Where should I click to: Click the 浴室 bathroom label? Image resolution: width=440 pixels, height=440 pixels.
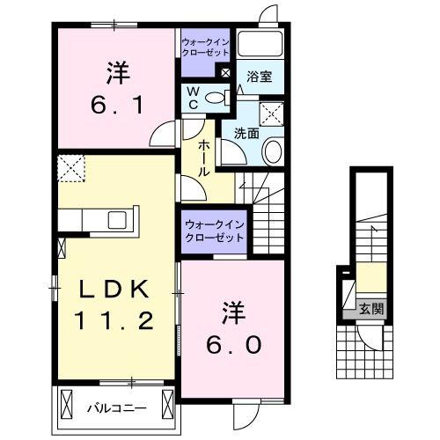tap(259, 76)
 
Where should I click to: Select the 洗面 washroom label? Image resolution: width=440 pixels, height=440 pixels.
tap(246, 134)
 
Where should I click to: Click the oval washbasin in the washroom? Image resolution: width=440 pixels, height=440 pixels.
tap(272, 151)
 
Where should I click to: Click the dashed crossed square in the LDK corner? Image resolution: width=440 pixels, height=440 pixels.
tap(70, 166)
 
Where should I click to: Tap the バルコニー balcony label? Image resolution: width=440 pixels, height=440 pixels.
tap(114, 407)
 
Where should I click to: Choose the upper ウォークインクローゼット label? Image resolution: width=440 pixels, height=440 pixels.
tap(206, 47)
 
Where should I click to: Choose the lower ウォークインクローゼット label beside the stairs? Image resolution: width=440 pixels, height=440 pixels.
tap(215, 231)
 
